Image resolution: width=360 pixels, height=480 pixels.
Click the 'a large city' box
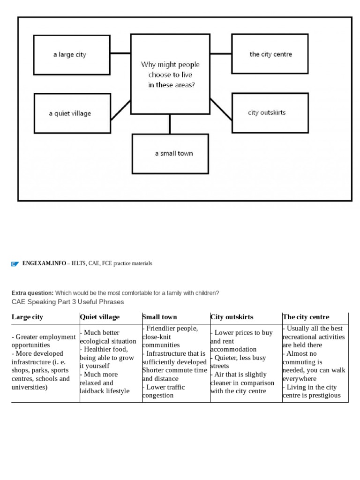72,55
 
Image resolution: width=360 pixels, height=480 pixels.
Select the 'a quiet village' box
72,113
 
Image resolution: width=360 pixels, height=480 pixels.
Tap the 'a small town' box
170,154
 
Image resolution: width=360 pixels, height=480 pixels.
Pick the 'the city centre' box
270,54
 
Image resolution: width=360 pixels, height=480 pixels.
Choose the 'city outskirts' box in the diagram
270,112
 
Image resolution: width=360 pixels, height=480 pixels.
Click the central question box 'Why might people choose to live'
170,74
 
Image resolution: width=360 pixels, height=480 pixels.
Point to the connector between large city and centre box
120,54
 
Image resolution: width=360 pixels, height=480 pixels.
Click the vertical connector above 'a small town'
170,124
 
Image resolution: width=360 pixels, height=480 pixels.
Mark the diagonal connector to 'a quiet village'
120,111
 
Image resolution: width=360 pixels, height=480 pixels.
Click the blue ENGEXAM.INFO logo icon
15,264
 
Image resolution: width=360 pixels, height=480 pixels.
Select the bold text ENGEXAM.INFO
44,263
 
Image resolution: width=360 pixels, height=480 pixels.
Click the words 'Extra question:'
32,293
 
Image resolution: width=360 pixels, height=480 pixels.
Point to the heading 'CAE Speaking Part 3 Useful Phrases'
67,302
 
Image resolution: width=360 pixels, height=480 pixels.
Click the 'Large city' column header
27,317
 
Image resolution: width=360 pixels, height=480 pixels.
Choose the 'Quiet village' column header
100,317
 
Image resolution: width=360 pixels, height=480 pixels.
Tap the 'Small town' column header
160,317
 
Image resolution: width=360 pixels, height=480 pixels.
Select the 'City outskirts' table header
232,317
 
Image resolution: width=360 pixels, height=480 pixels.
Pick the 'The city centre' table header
306,317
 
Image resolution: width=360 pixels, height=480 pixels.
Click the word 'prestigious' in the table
323,396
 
